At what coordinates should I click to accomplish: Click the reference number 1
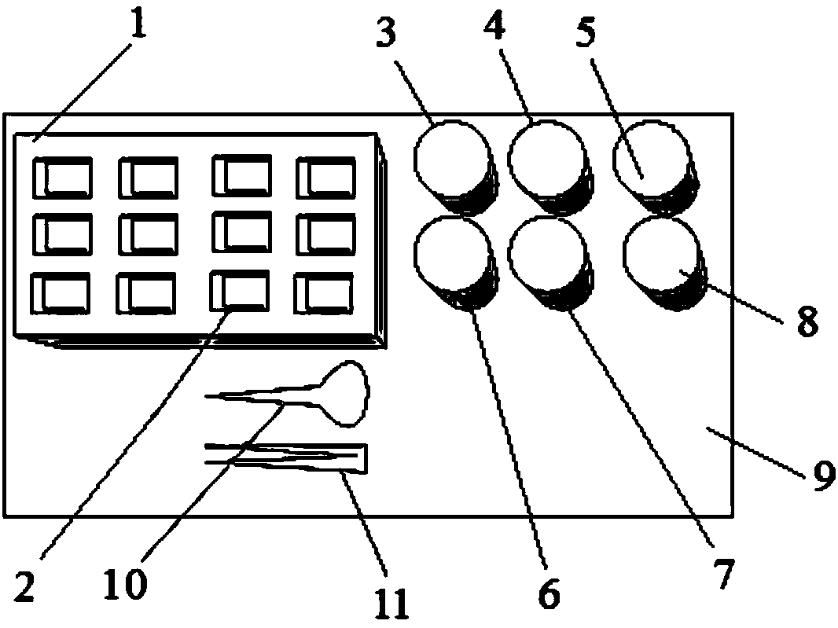(138, 28)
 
